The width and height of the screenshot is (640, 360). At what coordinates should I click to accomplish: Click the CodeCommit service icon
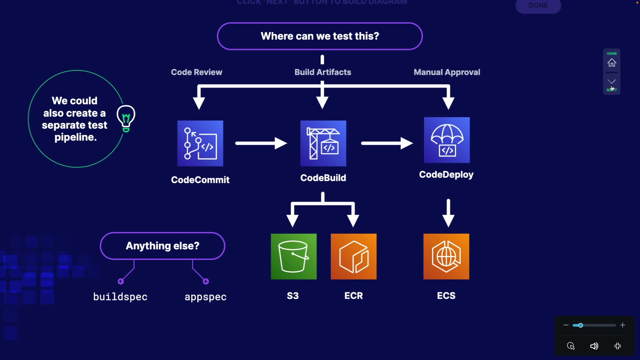click(200, 143)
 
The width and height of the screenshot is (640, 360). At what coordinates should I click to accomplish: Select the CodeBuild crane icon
click(323, 143)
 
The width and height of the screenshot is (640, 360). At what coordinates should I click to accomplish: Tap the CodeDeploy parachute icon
click(447, 140)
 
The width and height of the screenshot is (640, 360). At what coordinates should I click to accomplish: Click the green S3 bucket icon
click(294, 256)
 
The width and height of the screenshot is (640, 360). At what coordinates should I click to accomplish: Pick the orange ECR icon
click(354, 256)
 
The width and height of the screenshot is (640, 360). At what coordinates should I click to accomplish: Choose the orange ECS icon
click(446, 256)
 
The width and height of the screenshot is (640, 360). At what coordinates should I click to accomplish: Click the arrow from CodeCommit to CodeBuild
click(261, 143)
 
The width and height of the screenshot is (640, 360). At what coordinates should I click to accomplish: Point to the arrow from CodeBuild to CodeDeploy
click(387, 143)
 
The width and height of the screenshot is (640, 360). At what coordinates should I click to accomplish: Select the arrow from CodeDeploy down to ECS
click(448, 213)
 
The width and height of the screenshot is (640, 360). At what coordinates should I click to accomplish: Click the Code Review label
click(196, 72)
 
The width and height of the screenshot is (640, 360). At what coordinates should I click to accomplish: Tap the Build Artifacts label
click(323, 72)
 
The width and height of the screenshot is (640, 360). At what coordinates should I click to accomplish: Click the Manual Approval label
click(447, 72)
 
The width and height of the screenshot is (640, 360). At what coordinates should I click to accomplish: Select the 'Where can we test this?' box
click(320, 36)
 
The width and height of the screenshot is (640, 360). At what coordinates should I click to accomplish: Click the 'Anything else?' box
click(162, 246)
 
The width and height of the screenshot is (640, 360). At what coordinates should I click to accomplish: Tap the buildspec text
click(120, 297)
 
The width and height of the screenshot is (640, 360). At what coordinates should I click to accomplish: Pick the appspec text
click(206, 297)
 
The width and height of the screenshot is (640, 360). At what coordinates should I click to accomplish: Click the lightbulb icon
click(126, 118)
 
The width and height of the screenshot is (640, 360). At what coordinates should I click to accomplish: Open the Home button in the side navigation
click(612, 62)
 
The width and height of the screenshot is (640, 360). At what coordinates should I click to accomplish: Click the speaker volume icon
click(594, 346)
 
